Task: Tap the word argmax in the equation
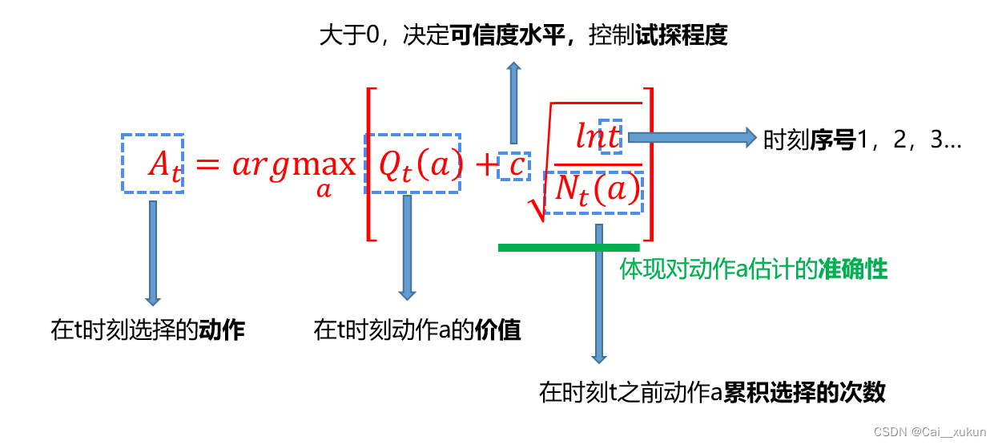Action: coord(294,164)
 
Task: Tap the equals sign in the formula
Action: coord(207,165)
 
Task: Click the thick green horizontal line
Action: coord(569,248)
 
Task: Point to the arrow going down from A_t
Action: coord(153,253)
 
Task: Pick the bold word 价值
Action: coord(497,330)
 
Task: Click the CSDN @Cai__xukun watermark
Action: coord(929,431)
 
